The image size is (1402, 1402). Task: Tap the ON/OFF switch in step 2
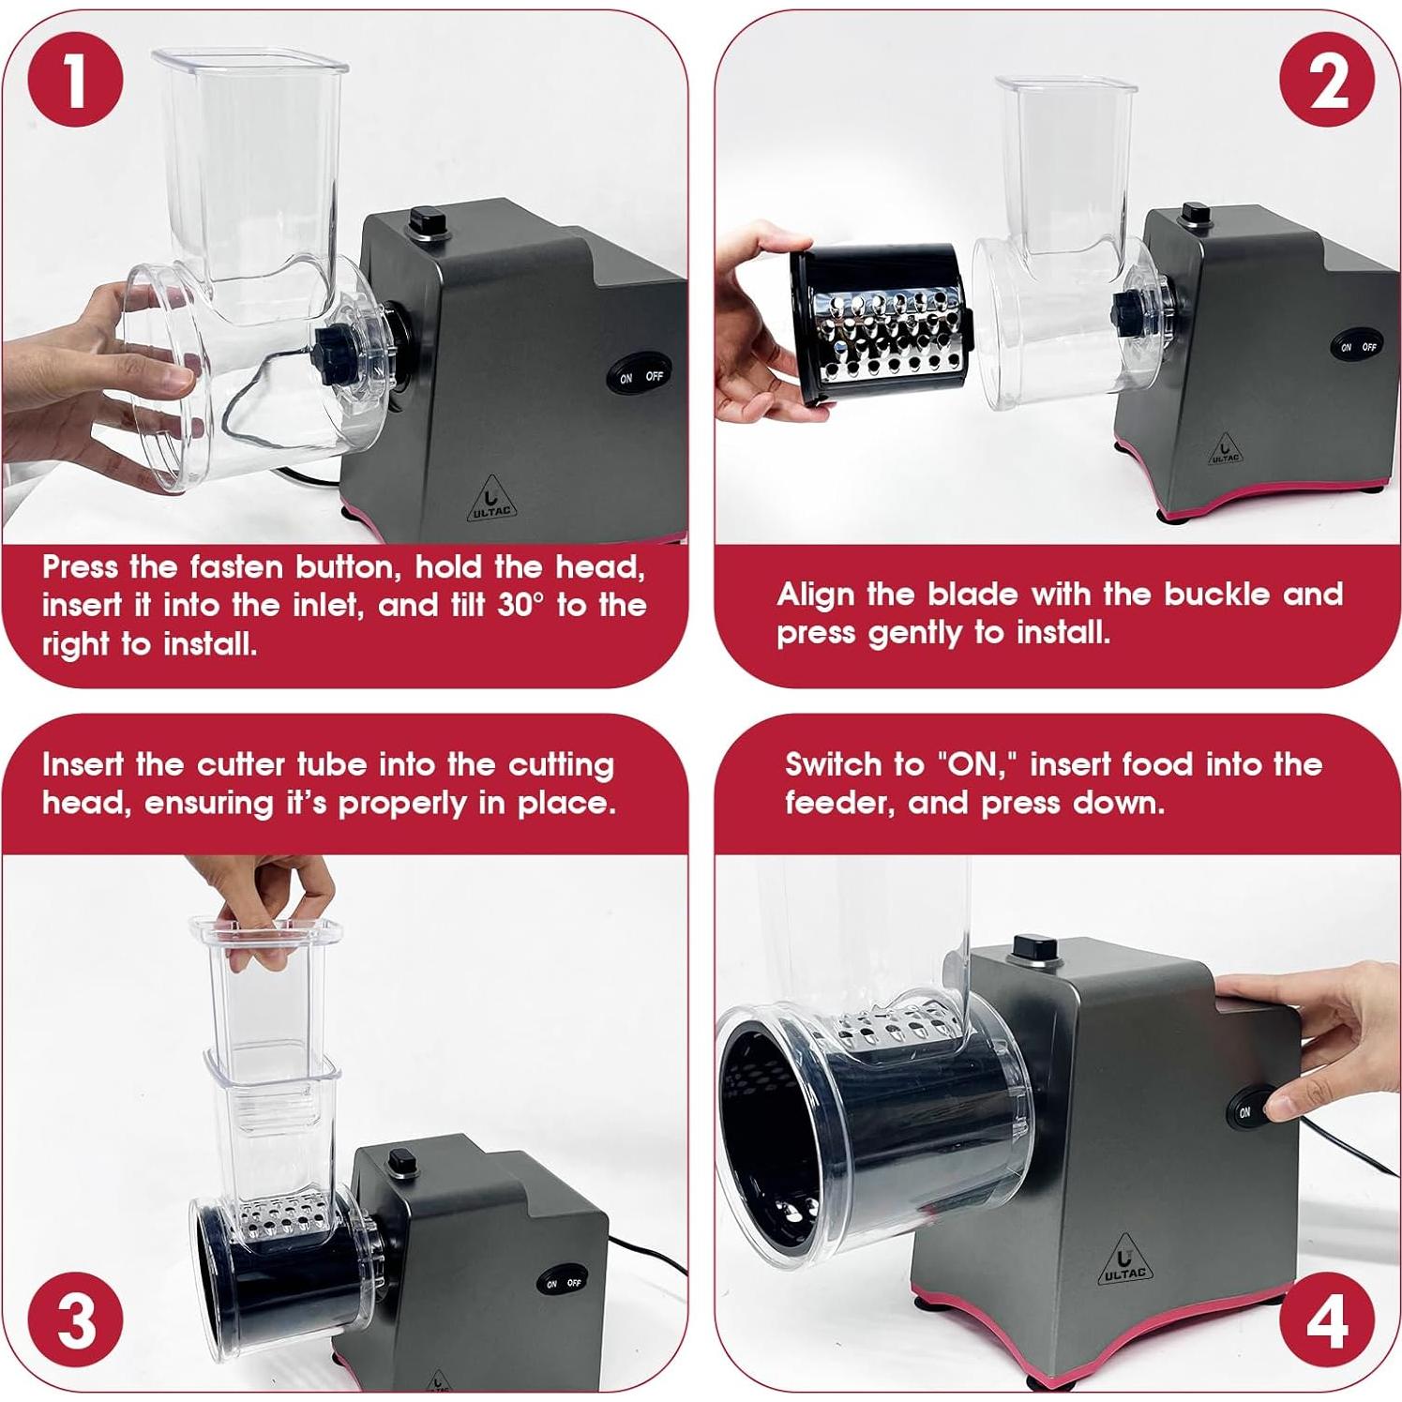pyautogui.click(x=1357, y=346)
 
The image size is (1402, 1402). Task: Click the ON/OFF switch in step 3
pyautogui.click(x=563, y=1283)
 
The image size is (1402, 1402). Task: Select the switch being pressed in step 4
pyautogui.click(x=1253, y=1112)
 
